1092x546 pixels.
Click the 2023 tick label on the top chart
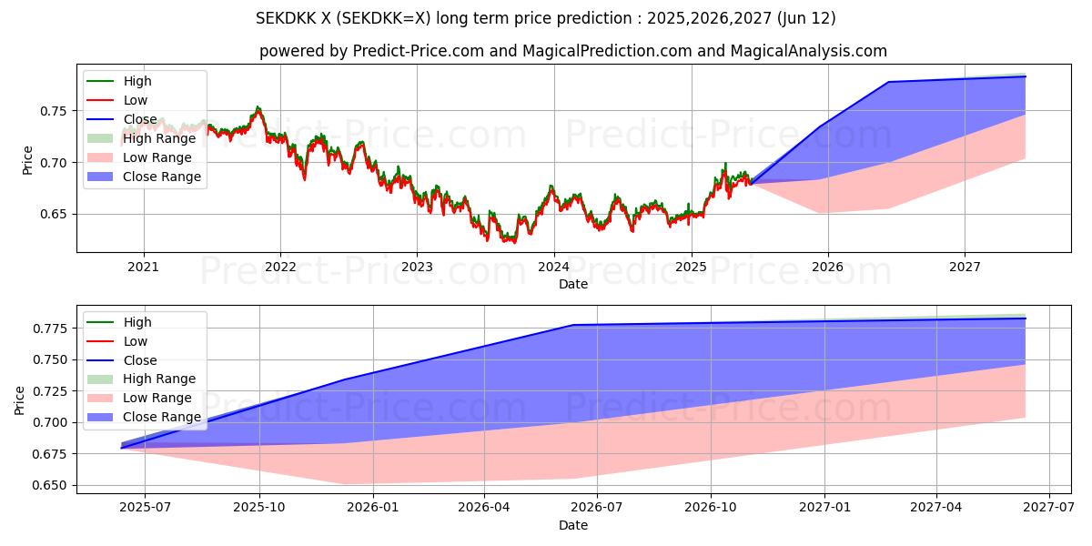click(x=417, y=267)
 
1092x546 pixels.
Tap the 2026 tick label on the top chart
click(x=827, y=267)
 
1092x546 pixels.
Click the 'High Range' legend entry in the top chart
click(x=159, y=138)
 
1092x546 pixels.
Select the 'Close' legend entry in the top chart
click(x=140, y=119)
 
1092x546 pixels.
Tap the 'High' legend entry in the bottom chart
click(x=137, y=322)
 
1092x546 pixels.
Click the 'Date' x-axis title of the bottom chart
click(x=573, y=525)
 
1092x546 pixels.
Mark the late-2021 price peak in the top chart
click(x=258, y=107)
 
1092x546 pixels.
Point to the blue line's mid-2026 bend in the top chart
click(x=888, y=82)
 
